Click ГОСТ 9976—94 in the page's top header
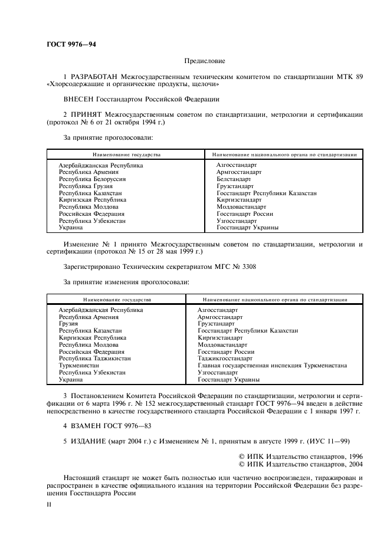71,44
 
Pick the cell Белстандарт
234,179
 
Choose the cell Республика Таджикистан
94,358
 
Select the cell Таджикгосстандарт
225,358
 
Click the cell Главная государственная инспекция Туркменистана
272,365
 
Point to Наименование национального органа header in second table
275,300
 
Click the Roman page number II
49,505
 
